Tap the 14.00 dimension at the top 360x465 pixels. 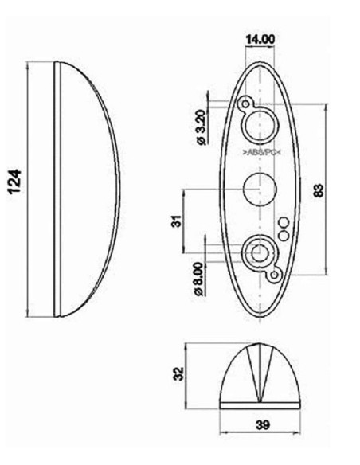[260, 38]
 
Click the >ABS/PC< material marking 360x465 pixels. [261, 151]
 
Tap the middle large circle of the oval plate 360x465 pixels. [259, 190]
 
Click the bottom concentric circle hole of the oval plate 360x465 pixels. [259, 253]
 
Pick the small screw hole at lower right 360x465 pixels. [276, 275]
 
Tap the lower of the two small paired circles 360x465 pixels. [284, 234]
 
